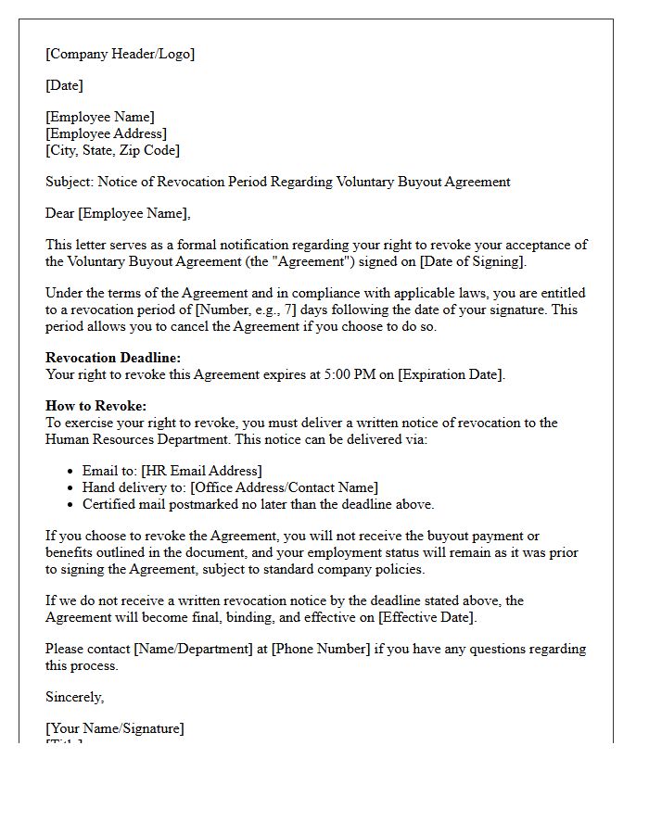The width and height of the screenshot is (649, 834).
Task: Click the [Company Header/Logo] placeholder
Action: tap(120, 54)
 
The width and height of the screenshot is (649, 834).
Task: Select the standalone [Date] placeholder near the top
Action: tap(64, 85)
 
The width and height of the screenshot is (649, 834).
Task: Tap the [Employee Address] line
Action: tap(106, 133)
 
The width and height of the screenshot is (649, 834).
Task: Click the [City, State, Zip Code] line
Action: tap(112, 150)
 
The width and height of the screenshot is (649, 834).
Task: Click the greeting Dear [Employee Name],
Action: tap(118, 213)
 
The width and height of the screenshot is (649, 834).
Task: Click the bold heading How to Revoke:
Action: tap(95, 406)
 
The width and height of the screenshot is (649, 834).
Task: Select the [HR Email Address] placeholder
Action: tap(201, 471)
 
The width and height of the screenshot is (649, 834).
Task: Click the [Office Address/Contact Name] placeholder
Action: tap(284, 487)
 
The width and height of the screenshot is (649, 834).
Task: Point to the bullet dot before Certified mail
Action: tap(71, 505)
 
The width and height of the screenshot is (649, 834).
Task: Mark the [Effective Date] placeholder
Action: tap(427, 617)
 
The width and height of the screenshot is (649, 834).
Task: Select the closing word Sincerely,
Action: tap(75, 697)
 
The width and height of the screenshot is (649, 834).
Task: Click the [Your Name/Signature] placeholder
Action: tap(115, 728)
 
